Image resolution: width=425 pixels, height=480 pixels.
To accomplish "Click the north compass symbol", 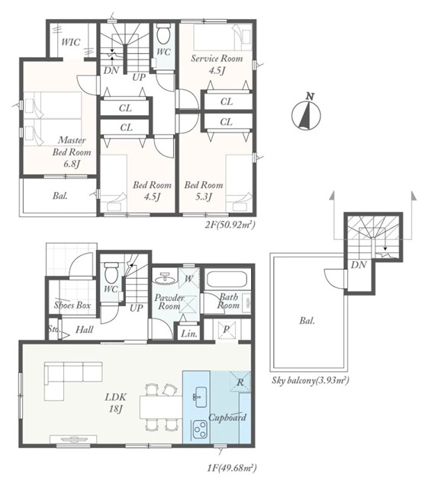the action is coord(306,114).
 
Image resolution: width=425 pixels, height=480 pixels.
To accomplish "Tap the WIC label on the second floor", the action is coord(71,42).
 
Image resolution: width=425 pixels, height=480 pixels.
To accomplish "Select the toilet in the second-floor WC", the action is coord(163,34).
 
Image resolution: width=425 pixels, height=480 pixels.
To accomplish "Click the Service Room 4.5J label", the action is coord(217,64).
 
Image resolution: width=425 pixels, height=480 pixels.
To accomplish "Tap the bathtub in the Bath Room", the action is coord(227,279).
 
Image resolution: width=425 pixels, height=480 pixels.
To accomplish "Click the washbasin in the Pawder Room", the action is coord(166,278).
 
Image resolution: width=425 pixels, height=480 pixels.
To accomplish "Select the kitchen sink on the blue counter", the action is coord(201,397).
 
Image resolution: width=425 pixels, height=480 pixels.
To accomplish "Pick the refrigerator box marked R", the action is coord(240,382).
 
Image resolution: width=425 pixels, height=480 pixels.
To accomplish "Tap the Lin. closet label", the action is coord(189,334).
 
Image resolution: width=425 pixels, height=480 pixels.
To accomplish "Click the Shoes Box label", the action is coord(72,305).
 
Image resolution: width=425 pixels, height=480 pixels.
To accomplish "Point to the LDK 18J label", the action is coord(115,403).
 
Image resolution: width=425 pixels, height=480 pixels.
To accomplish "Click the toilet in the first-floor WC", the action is coord(110,273).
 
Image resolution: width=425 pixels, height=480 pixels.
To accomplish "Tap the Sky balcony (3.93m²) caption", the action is coord(311,380).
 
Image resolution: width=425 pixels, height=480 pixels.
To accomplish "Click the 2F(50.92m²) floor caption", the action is coord(230,226).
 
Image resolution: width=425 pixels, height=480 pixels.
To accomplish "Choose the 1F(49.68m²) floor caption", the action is coord(232,468).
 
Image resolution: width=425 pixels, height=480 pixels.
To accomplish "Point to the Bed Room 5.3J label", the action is coord(204,190).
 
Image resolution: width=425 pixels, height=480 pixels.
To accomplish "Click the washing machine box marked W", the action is coord(189,278).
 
